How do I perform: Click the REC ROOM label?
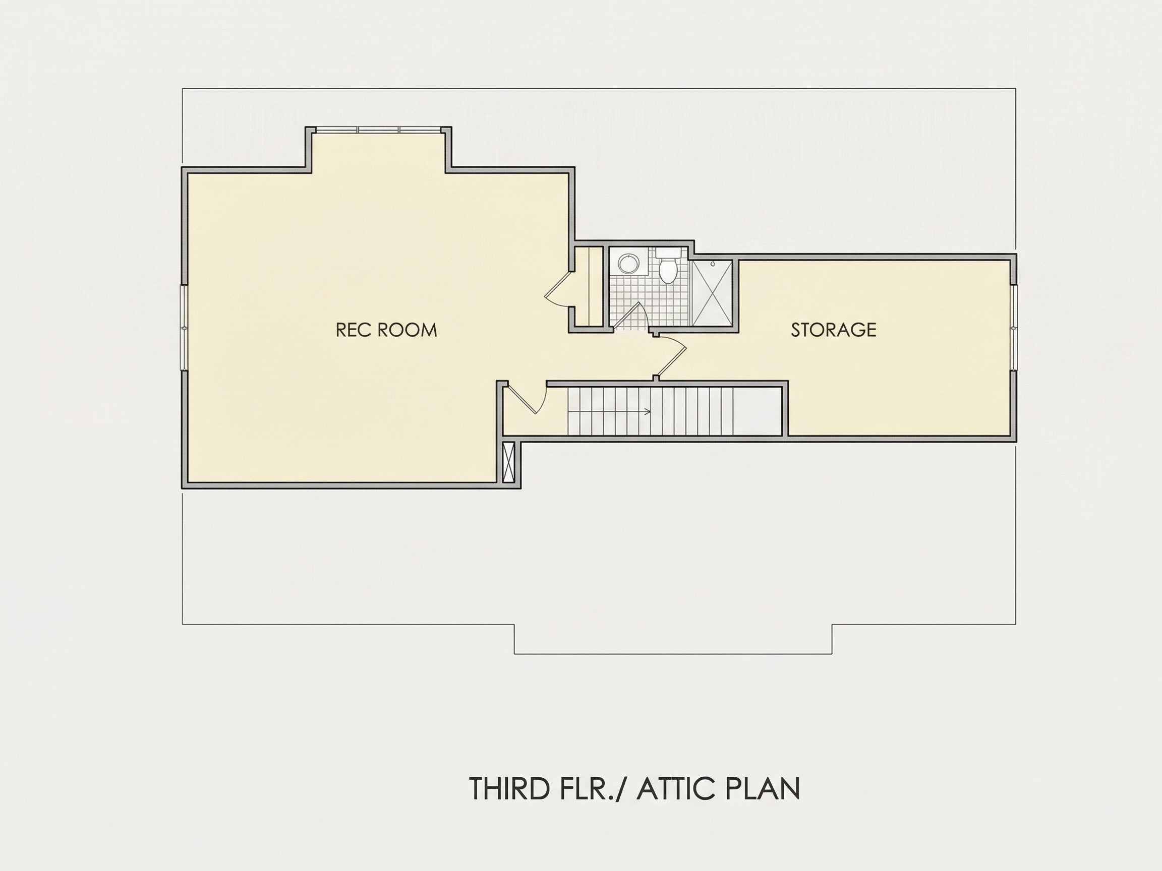[x=386, y=330]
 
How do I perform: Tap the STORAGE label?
[x=833, y=330]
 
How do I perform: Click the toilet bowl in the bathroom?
[x=667, y=272]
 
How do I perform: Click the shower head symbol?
[x=713, y=264]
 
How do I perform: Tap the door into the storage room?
[x=672, y=357]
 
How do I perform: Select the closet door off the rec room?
[x=558, y=289]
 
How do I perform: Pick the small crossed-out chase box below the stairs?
[x=508, y=463]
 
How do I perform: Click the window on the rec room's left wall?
[x=184, y=328]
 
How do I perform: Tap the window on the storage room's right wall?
[x=1014, y=328]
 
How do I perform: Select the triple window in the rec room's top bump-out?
[x=378, y=129]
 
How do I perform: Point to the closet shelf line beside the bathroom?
[x=592, y=287]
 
